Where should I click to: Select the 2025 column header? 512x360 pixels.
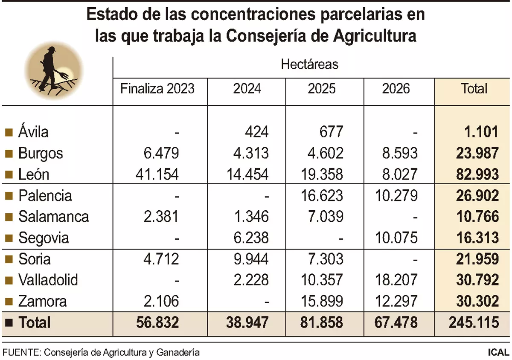tap(322, 88)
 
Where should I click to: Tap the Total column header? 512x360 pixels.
tap(474, 88)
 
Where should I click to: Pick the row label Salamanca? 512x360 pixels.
tap(53, 217)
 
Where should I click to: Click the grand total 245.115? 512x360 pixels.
tap(474, 322)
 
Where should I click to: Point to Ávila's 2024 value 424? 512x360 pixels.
tap(256, 132)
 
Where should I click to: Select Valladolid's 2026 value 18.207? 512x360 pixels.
tap(396, 280)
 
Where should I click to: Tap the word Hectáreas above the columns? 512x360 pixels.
tap(309, 64)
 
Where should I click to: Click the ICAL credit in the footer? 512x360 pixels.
tap(498, 352)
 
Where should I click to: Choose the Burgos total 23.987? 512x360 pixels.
tap(477, 153)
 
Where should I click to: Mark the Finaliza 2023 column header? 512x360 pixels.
tap(157, 88)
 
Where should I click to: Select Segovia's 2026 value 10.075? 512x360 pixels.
tap(396, 238)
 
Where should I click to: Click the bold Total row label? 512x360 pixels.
tap(34, 322)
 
